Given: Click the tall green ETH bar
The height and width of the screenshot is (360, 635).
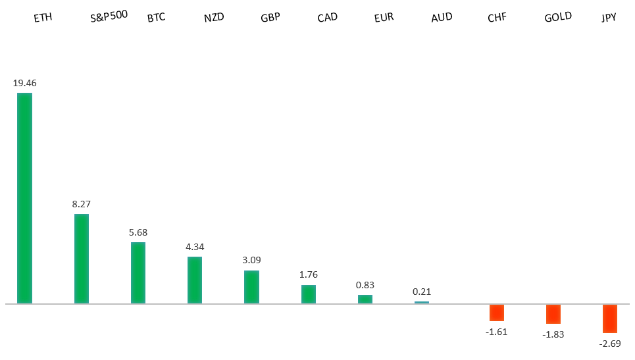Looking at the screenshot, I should [x=24, y=198].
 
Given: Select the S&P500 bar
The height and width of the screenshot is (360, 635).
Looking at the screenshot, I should [x=81, y=259].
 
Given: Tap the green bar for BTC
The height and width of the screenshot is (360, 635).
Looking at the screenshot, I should [x=138, y=272].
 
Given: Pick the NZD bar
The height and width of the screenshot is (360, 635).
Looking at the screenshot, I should [x=195, y=280].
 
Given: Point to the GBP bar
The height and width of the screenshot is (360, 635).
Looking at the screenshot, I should [x=251, y=287].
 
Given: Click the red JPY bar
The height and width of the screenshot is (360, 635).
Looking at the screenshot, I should [x=610, y=319].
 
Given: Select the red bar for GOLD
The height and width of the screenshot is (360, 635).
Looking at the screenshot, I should [x=553, y=314].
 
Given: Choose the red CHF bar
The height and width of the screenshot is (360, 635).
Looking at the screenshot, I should [x=497, y=313].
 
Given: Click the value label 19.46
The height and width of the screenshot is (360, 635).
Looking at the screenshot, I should [x=24, y=84].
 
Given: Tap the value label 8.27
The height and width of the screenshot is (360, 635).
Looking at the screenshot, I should [x=81, y=204].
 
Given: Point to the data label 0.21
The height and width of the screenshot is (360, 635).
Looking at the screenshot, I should [x=422, y=292].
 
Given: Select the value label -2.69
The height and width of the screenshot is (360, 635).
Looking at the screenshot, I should [x=610, y=344].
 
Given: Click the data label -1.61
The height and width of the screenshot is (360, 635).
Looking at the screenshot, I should [x=497, y=332].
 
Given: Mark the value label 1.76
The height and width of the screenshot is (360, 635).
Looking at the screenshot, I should [x=309, y=274].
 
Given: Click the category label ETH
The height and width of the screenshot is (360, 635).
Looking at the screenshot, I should [x=43, y=18].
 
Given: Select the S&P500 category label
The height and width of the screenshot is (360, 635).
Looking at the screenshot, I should [x=109, y=16].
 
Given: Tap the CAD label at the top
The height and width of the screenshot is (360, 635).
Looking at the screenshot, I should [x=328, y=18].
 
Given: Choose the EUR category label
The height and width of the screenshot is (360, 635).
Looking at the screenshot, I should [x=384, y=18].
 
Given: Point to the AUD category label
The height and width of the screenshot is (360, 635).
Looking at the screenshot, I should [x=442, y=18].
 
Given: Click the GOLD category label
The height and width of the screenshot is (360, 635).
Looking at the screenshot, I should [x=558, y=17].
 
